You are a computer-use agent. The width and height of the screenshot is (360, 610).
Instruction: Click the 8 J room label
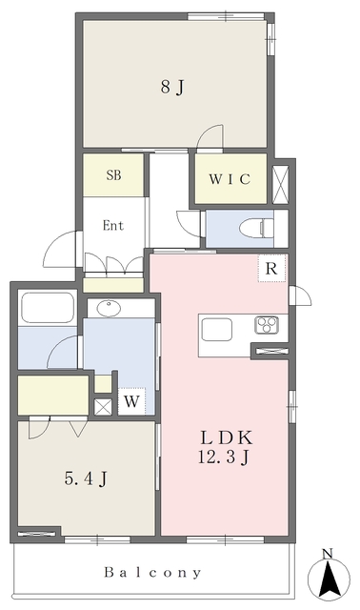click(171, 88)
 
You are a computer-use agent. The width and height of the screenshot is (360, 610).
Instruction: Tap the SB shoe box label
click(113, 175)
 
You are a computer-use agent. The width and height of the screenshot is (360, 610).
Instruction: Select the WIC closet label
click(230, 180)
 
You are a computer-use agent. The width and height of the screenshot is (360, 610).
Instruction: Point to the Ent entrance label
click(114, 227)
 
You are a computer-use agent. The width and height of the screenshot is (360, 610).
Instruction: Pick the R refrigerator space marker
click(271, 270)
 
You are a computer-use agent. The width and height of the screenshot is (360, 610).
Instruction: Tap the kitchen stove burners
click(266, 325)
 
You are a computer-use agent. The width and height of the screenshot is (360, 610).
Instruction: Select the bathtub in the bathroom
click(47, 310)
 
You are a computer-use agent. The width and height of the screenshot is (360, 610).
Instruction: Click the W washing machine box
click(132, 401)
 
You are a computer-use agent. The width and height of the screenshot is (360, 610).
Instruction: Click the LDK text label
click(224, 437)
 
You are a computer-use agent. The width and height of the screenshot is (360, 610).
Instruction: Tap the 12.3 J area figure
click(224, 458)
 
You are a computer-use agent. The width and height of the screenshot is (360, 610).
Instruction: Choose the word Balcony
click(153, 573)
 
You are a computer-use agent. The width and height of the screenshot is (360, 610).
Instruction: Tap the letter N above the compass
click(327, 554)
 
